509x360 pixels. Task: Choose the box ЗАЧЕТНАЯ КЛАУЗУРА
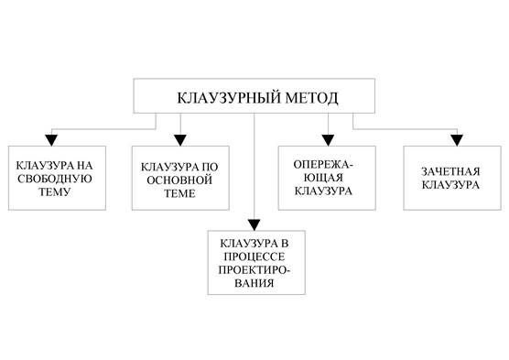coord(447,177)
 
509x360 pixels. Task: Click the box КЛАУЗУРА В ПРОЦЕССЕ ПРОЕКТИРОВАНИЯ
coord(254,263)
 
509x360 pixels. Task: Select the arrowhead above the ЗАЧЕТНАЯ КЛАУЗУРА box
coord(456,139)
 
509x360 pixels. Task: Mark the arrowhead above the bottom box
coord(254,224)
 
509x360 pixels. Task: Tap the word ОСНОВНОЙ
coord(176,181)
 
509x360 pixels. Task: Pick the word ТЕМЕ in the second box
coord(177,195)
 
